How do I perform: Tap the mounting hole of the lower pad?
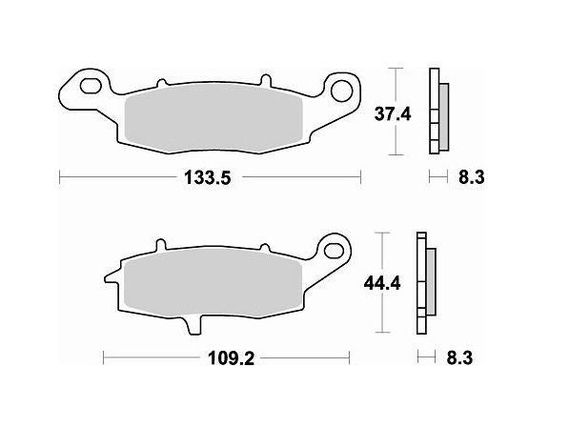pyautogui.click(x=334, y=250)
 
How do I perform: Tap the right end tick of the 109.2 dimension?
pyautogui.click(x=347, y=359)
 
